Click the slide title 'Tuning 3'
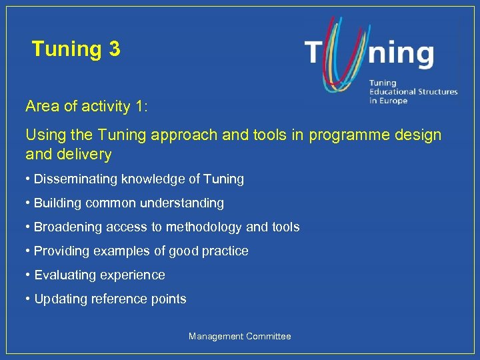76,49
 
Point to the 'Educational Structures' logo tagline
413,91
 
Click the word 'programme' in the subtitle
354,135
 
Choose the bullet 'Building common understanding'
125,203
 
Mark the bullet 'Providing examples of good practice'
137,251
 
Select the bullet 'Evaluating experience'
95,275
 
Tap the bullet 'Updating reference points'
106,299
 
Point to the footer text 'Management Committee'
239,337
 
